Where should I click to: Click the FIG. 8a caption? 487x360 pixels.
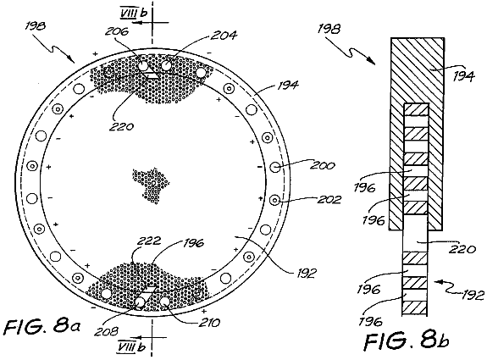[x=42, y=326]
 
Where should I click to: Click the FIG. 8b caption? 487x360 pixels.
[x=407, y=341]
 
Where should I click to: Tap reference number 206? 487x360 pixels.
[x=117, y=31]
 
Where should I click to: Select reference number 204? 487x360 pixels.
[x=224, y=35]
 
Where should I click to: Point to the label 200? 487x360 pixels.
[x=323, y=165]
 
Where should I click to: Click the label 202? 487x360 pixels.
[x=329, y=199]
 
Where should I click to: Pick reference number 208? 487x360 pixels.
[x=106, y=331]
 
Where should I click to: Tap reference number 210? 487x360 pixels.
[x=208, y=323]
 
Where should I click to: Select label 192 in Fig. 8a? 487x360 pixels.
[x=306, y=274]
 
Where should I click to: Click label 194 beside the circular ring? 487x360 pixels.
[x=287, y=85]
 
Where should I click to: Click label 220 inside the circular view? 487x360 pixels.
[x=121, y=126]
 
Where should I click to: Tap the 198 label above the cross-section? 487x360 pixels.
[x=329, y=30]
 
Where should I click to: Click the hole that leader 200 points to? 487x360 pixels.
[x=275, y=167]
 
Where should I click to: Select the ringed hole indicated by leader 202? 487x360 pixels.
[x=275, y=200]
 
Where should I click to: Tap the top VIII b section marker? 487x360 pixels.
[x=134, y=15]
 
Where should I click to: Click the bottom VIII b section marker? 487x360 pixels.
[x=131, y=346]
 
